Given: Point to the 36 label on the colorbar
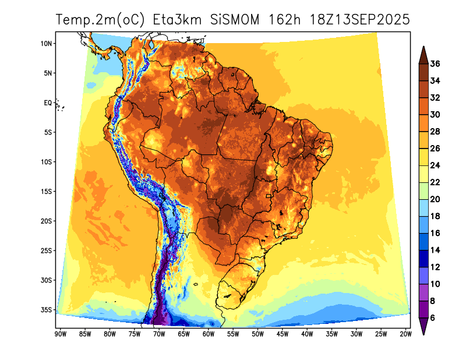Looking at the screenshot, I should pos(435,64).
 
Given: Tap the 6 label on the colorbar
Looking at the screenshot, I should pos(433,317).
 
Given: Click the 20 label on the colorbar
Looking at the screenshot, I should pos(435,199).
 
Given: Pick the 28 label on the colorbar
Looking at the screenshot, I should pos(435,132).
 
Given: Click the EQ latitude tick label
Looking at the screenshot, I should pos(48,103).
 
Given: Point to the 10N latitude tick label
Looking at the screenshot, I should pos(47,44).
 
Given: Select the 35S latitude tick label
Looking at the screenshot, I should pos(47,309).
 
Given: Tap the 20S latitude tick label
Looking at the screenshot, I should pos(47,221).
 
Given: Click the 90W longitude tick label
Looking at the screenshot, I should pos(59,334).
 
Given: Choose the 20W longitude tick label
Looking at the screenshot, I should pos(406,334).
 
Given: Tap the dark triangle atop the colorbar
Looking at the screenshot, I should pos(423,54).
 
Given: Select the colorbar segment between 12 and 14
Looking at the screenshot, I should pos(423,258).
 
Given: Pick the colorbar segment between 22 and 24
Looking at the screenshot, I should pos(423,174).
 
